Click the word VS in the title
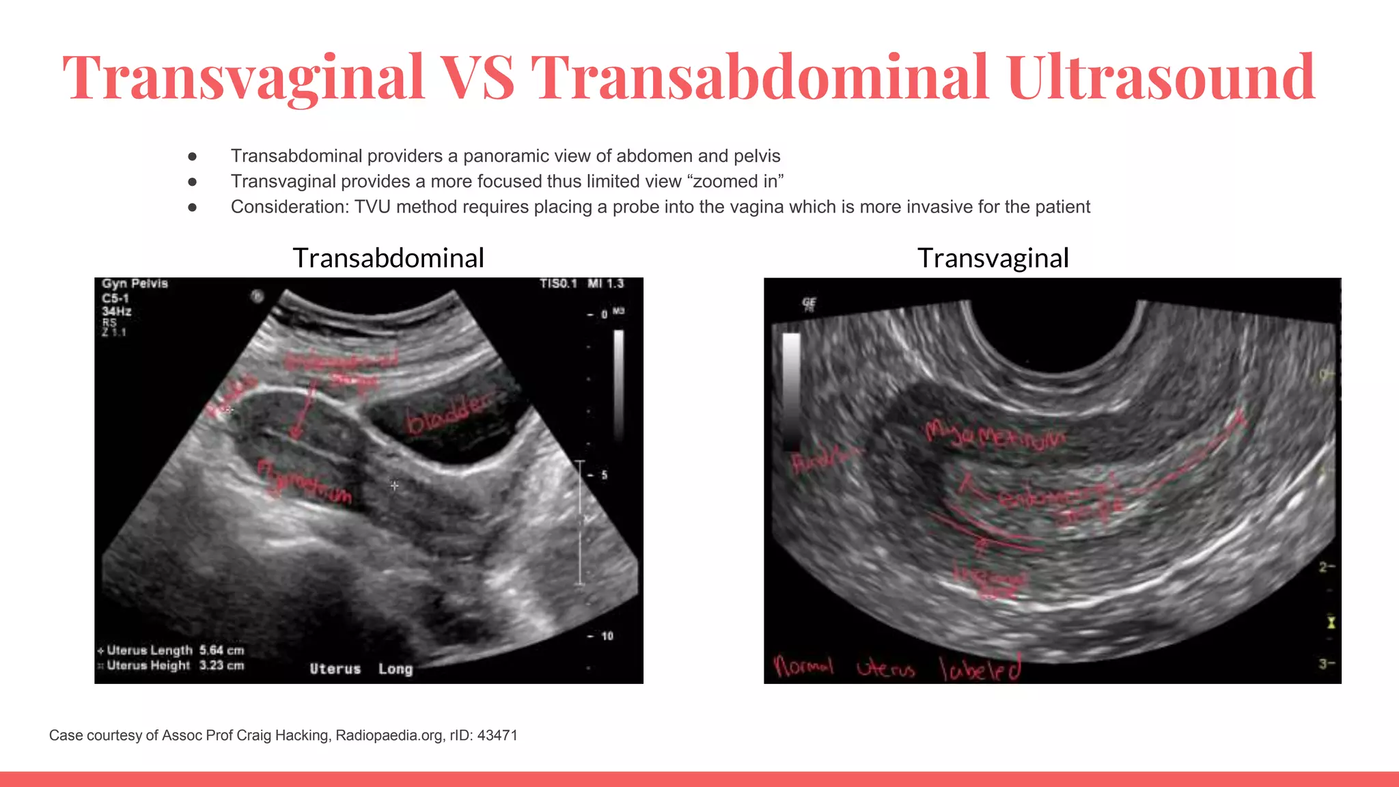477,77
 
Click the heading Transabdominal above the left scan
388,258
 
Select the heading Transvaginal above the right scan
993,258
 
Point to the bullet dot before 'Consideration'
193,207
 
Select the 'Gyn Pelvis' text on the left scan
135,284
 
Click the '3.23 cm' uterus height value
221,665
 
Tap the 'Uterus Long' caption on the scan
361,669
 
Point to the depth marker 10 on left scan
607,636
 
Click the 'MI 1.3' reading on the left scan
605,284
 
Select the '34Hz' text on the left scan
117,312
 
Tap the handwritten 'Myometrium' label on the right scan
995,434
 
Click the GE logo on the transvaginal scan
809,304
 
